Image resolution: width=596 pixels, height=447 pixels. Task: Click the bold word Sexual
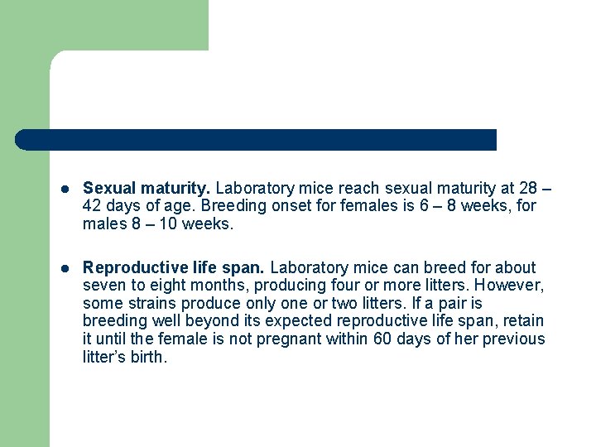(108, 188)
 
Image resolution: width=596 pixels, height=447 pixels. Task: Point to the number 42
(93, 206)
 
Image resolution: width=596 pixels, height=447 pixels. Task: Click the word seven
(103, 286)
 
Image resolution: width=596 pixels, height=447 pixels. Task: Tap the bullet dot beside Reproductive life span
(64, 268)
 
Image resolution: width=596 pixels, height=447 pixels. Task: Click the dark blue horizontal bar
(257, 140)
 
